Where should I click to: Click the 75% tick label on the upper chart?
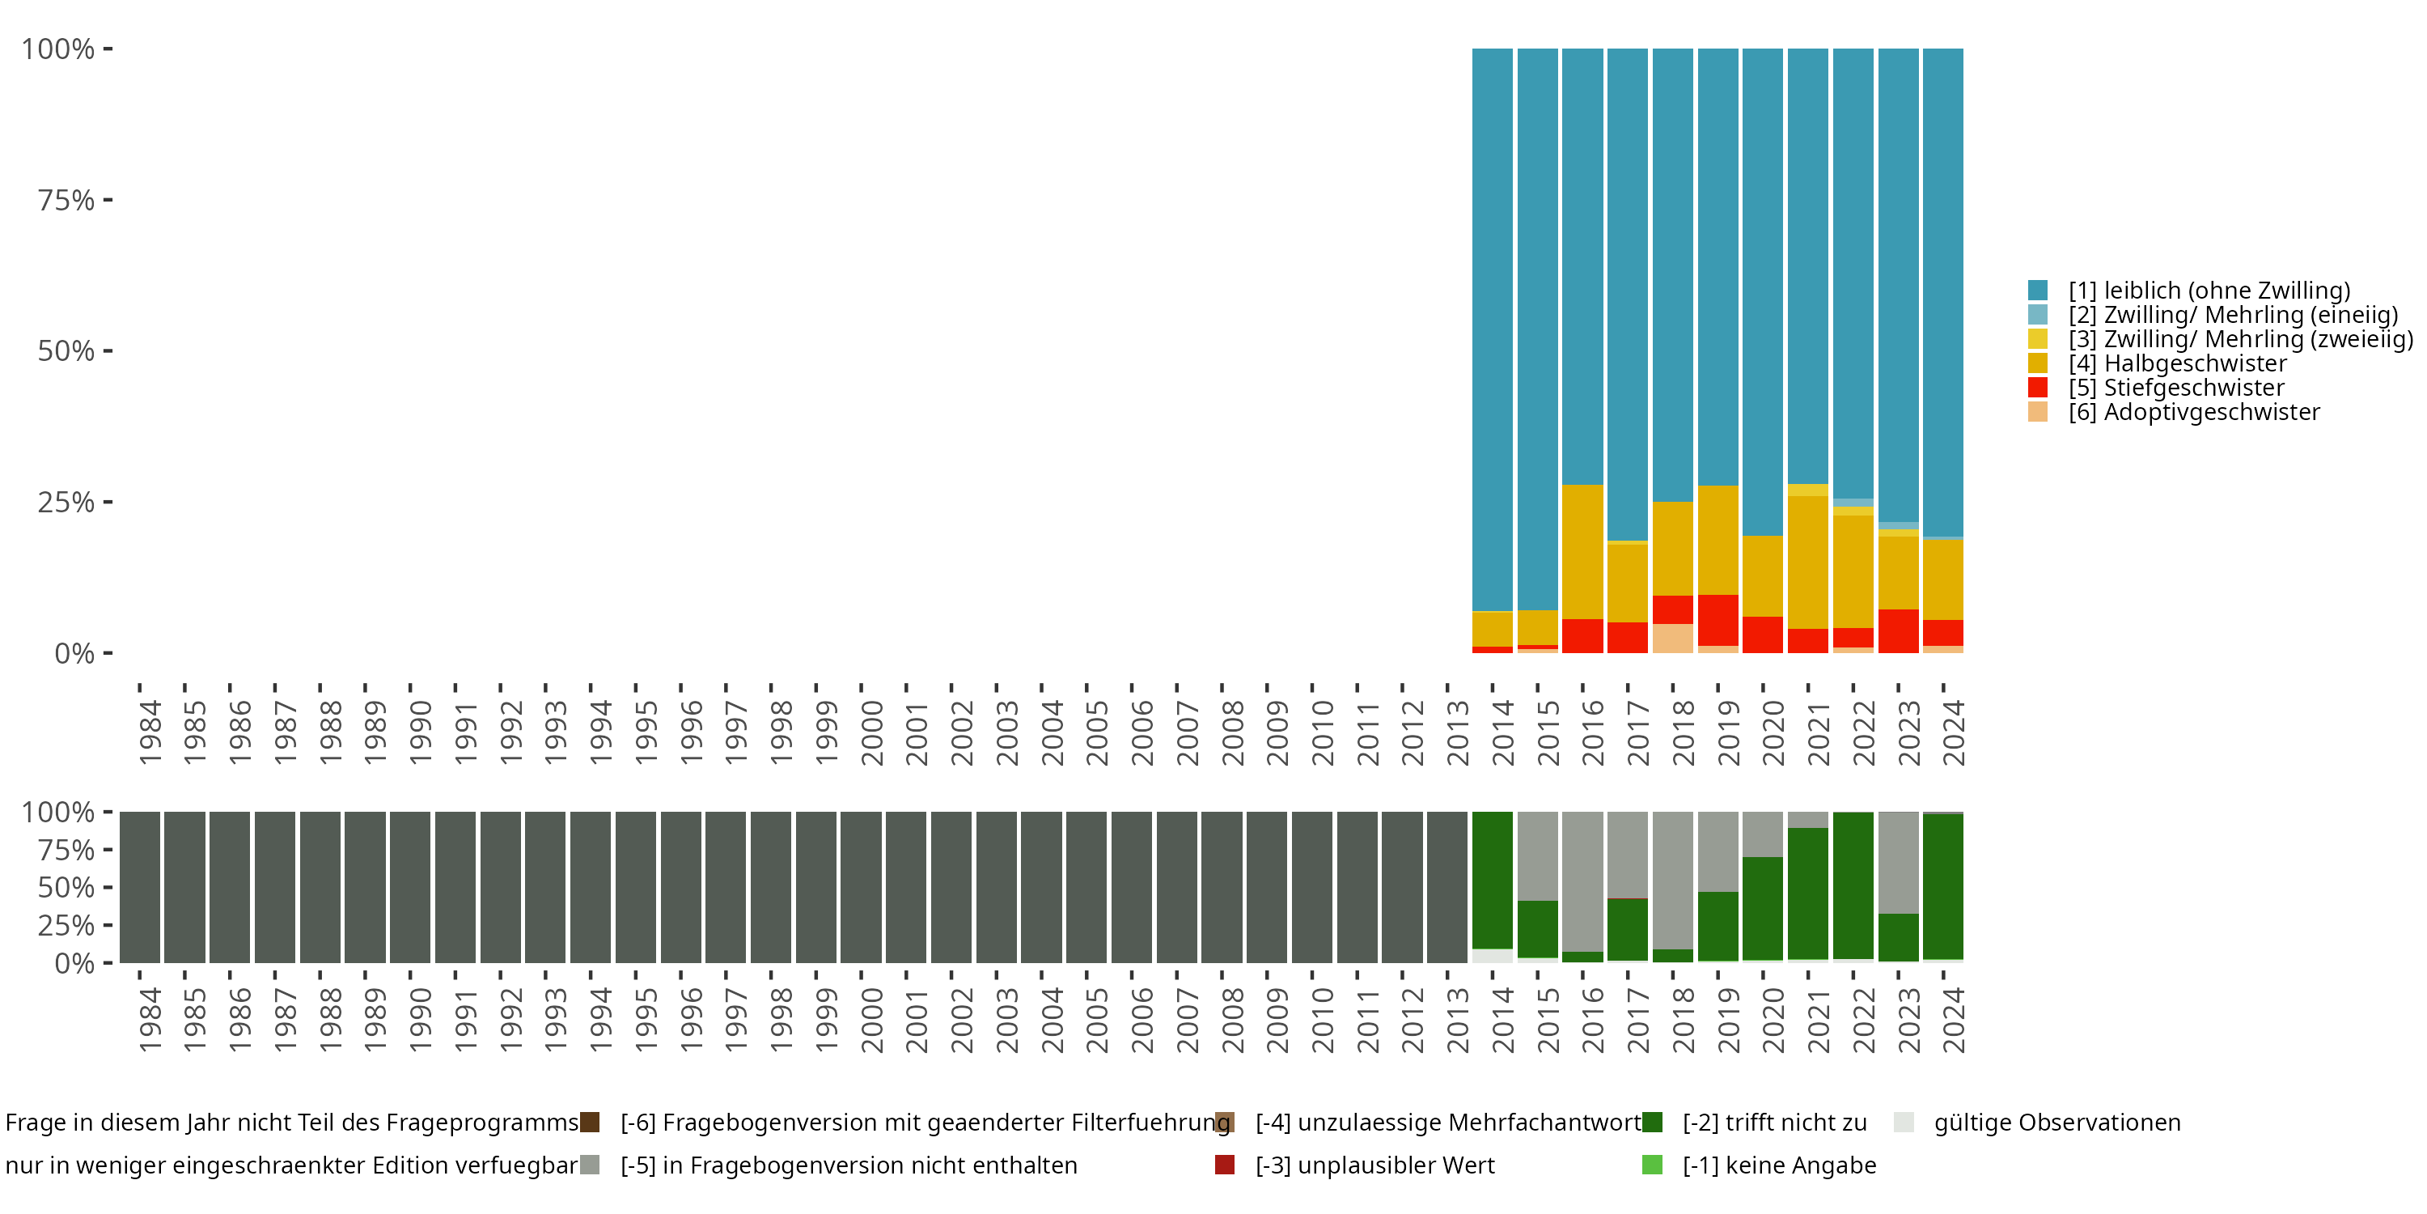point(66,200)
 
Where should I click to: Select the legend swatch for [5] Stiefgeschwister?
point(2038,388)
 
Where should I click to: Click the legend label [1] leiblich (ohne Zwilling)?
point(2209,291)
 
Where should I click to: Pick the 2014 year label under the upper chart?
point(1502,732)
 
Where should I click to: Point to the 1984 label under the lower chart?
point(150,1020)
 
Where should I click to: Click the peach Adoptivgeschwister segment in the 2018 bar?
point(1673,638)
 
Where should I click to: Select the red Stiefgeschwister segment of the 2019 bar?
point(1718,619)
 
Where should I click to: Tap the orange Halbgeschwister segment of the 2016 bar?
point(1583,551)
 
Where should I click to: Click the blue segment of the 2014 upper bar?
point(1493,330)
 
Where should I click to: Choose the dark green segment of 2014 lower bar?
point(1493,880)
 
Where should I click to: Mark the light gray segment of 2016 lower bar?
point(1583,881)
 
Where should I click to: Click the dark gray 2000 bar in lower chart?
point(861,887)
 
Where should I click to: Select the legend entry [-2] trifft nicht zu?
point(1774,1123)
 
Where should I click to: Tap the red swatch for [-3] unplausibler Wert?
point(1225,1165)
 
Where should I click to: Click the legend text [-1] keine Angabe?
point(1779,1165)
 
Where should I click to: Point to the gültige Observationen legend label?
point(2056,1123)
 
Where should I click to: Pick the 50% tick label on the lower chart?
point(66,887)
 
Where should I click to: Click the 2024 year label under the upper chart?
point(1953,732)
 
